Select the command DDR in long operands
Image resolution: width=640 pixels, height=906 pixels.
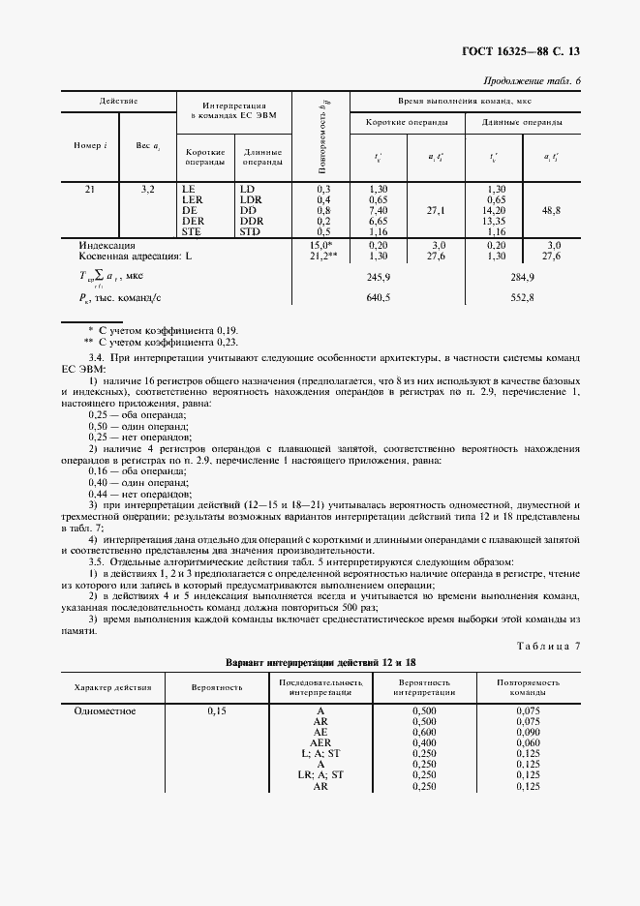[250, 222]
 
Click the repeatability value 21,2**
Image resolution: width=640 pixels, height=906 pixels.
[322, 257]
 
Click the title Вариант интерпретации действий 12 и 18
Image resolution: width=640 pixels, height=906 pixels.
[320, 662]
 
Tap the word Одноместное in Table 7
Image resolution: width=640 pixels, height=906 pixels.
[105, 711]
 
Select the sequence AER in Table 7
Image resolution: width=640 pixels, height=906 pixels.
[320, 743]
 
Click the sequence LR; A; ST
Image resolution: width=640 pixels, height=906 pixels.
[320, 775]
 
